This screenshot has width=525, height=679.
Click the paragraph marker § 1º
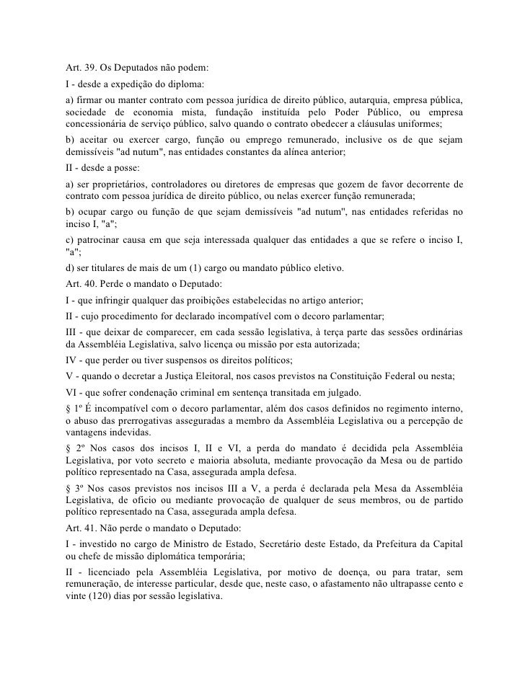point(71,407)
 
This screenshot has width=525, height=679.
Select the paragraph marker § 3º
point(71,488)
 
